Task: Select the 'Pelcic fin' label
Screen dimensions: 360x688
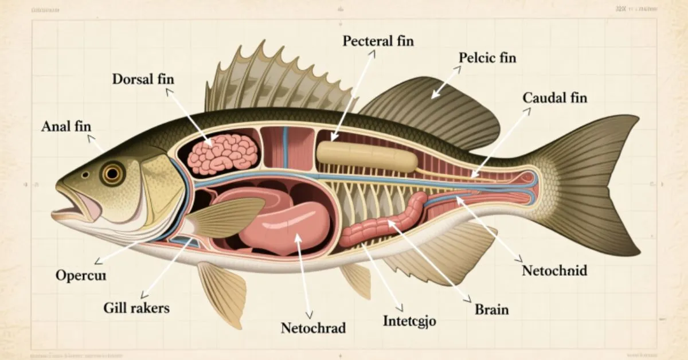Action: click(x=487, y=58)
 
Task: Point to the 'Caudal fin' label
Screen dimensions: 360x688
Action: click(x=555, y=98)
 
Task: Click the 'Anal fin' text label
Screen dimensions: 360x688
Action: click(x=66, y=127)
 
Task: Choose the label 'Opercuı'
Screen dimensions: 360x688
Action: click(x=81, y=275)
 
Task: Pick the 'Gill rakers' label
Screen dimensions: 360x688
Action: click(x=137, y=308)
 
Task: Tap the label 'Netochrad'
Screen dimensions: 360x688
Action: click(x=313, y=328)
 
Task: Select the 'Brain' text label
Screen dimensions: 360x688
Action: click(x=491, y=310)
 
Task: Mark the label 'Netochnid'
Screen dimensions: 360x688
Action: click(x=554, y=270)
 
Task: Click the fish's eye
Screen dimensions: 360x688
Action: click(x=112, y=173)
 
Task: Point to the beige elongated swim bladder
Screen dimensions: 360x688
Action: click(x=366, y=156)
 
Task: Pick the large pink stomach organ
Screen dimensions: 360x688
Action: click(x=287, y=224)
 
